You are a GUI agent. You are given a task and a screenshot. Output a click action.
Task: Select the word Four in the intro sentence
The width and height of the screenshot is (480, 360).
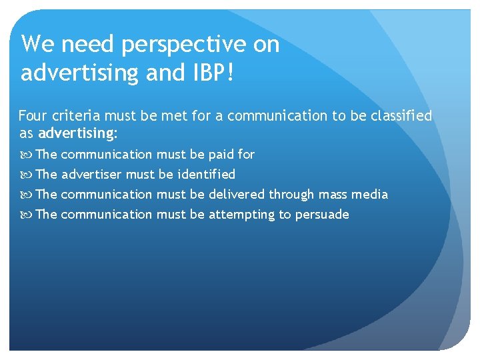[33, 116]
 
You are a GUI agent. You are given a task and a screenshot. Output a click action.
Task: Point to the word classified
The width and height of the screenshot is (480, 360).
[399, 116]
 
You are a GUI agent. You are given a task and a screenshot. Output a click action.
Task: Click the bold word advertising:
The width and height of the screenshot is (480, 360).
[78, 133]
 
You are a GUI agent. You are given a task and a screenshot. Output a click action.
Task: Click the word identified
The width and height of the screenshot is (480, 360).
[206, 174]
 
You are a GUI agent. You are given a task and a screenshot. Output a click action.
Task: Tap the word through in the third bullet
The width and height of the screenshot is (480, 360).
[291, 194]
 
